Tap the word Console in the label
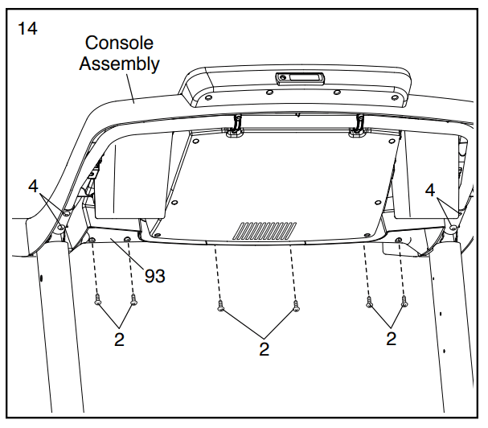click(x=119, y=43)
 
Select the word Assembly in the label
click(x=119, y=64)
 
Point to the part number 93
click(x=155, y=276)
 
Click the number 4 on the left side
click(x=33, y=187)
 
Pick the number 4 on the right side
click(x=431, y=191)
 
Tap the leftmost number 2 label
click(x=119, y=339)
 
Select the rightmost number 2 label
click(x=391, y=339)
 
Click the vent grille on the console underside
click(x=263, y=231)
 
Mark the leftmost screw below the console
click(x=98, y=302)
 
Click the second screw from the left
click(x=133, y=302)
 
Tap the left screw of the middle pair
click(x=220, y=307)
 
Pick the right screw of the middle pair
click(x=296, y=307)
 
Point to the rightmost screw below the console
click(x=404, y=302)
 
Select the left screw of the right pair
click(x=369, y=302)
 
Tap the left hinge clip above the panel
click(x=236, y=126)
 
